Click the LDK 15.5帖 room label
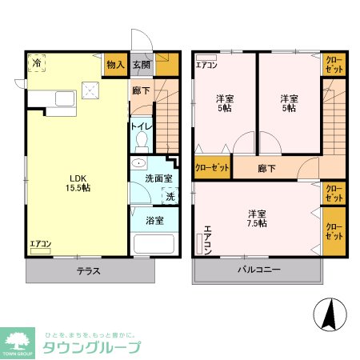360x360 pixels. [78, 182]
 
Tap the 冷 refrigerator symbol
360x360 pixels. [37, 63]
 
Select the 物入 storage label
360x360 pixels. [115, 64]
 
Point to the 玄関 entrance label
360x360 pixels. [142, 64]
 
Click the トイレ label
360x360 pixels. [141, 126]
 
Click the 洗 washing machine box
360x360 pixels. [170, 196]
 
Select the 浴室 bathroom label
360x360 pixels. [154, 218]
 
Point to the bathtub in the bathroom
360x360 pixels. [154, 244]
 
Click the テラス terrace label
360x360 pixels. [88, 270]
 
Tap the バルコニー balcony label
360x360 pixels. [258, 270]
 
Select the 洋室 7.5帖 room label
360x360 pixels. [257, 218]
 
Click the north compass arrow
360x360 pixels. [328, 313]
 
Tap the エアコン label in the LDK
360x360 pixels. [41, 243]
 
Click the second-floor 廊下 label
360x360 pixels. [267, 169]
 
